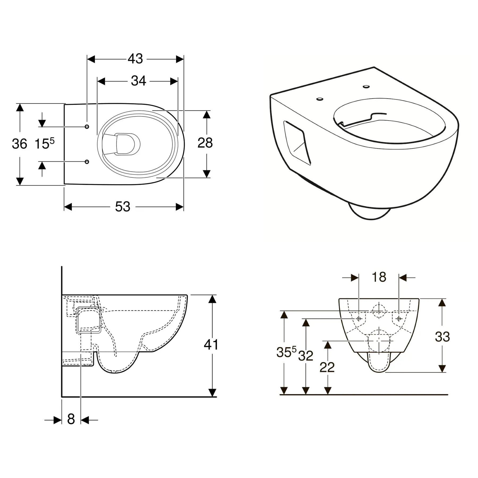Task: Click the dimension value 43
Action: click(x=135, y=59)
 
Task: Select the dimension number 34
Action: click(x=138, y=81)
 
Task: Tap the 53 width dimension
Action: click(x=123, y=207)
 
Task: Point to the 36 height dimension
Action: click(x=19, y=144)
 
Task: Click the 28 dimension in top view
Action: click(x=205, y=143)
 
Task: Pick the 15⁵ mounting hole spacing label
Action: click(x=45, y=144)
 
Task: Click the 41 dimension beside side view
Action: click(x=211, y=345)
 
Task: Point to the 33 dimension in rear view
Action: click(x=442, y=337)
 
